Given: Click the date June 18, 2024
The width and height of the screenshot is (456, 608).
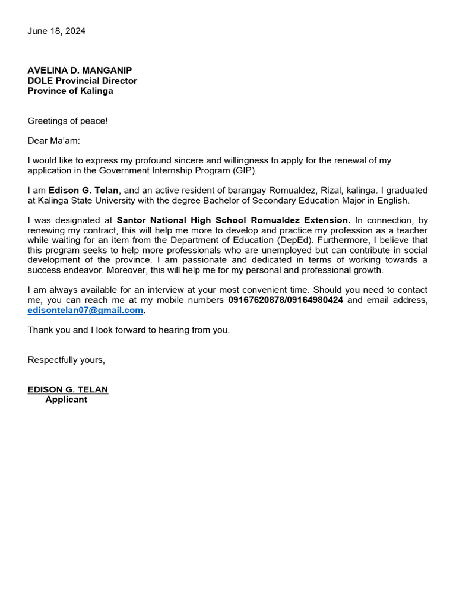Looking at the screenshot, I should tap(56, 31).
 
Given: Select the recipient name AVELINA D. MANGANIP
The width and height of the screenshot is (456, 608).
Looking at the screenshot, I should tap(80, 70).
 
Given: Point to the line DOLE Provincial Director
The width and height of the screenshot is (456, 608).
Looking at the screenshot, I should tap(82, 81).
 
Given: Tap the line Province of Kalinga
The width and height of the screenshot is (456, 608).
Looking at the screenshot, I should tap(70, 91).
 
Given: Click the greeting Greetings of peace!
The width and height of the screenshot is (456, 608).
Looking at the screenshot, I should tap(68, 121).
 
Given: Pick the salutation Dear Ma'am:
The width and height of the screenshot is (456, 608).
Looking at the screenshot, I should tap(53, 141).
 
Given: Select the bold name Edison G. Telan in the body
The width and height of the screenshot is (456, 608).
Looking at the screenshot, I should tap(83, 191).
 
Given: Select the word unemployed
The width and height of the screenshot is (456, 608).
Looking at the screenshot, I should tap(289, 250).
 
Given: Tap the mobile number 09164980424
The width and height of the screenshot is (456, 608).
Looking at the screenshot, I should tap(314, 300).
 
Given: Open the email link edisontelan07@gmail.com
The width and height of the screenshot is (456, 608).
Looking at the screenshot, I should tap(85, 310).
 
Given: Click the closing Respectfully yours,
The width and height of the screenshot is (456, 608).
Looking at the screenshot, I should tap(66, 360).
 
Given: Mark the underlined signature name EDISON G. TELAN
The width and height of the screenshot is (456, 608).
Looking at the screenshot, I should tap(68, 389).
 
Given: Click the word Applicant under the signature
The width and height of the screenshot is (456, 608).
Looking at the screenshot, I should tap(66, 400).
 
